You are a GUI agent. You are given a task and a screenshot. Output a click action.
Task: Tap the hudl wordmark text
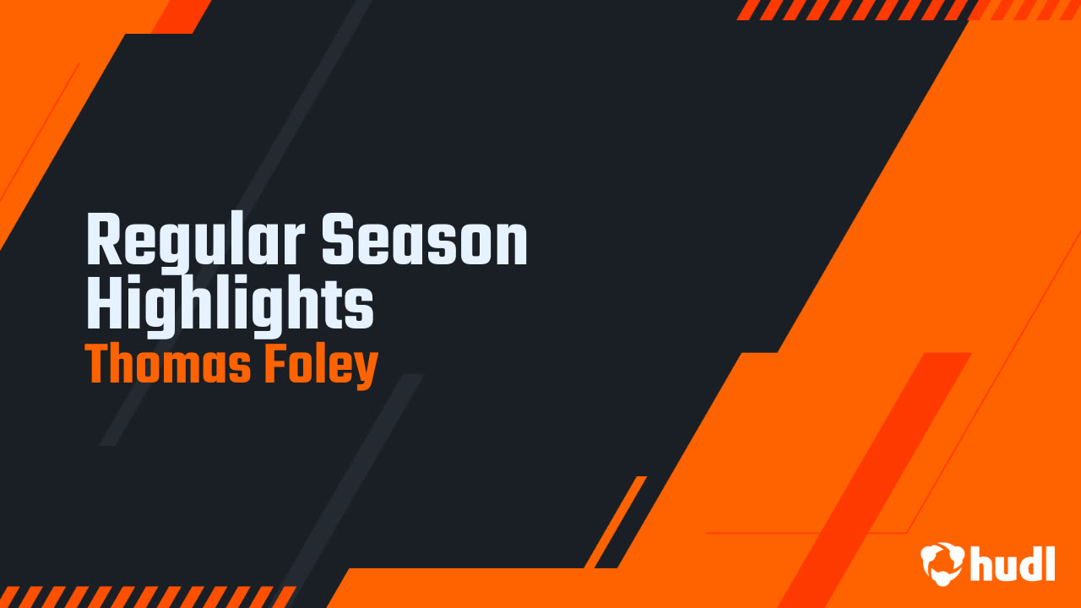click(1013, 562)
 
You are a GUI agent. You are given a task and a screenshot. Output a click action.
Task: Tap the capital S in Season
click(338, 243)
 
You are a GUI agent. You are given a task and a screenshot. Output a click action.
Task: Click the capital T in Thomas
click(98, 365)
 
